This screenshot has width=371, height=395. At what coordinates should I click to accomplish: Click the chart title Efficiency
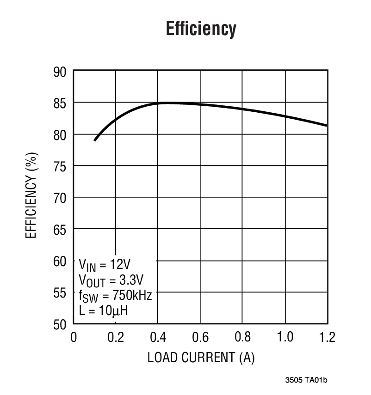[x=200, y=29]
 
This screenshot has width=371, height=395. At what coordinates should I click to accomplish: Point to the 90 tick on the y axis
[x=60, y=72]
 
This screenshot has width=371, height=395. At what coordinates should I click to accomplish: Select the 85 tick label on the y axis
[x=60, y=103]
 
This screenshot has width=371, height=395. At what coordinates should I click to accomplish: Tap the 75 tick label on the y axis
[x=60, y=167]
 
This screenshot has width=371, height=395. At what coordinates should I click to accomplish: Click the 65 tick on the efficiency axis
[x=60, y=230]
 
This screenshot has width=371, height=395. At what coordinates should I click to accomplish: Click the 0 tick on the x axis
[x=74, y=337]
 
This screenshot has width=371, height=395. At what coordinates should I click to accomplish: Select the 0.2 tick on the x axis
[x=115, y=337]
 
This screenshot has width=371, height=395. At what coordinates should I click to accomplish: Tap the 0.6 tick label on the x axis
[x=200, y=337]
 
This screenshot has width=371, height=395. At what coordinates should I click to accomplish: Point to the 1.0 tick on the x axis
[x=285, y=337]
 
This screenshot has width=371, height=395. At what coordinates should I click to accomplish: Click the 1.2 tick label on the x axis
[x=327, y=337]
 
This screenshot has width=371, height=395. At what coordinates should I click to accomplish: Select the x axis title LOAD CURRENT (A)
[x=200, y=358]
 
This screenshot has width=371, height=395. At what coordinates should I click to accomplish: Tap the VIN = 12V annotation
[x=105, y=265]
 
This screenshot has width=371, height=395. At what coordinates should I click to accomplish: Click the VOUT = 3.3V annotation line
[x=111, y=280]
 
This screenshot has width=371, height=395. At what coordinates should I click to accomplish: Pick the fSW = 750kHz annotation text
[x=115, y=296]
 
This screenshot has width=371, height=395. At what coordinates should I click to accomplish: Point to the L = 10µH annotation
[x=104, y=311]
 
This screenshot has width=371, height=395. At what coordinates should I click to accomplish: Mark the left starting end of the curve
[x=95, y=140]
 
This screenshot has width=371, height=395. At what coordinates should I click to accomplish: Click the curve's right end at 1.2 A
[x=327, y=125]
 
